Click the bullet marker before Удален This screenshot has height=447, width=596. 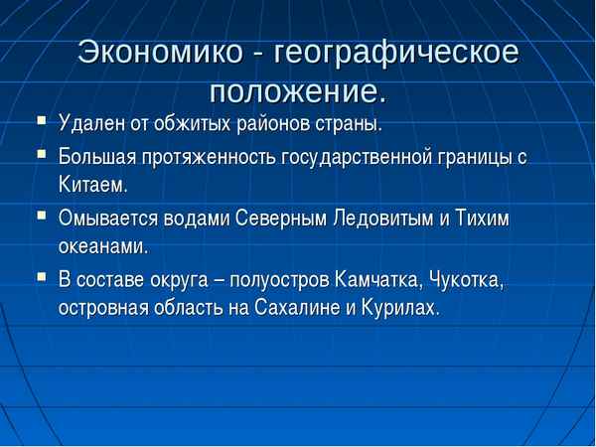(40, 123)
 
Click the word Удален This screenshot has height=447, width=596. (90, 126)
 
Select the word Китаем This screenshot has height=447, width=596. (93, 187)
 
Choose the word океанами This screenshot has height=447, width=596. (102, 248)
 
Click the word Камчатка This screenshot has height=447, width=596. (379, 280)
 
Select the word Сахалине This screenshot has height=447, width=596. (290, 309)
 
